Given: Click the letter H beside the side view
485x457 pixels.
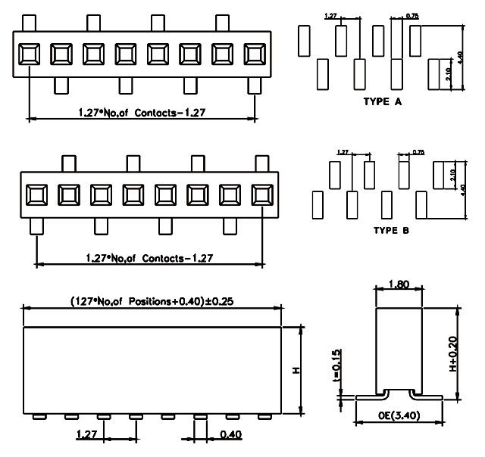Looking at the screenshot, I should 296,370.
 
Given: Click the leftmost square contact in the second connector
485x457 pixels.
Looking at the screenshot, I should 36,195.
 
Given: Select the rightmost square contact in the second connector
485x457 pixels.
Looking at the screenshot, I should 262,195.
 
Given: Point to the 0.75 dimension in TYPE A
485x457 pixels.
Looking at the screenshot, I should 412,15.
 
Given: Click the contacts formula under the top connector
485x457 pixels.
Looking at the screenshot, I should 142,112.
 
